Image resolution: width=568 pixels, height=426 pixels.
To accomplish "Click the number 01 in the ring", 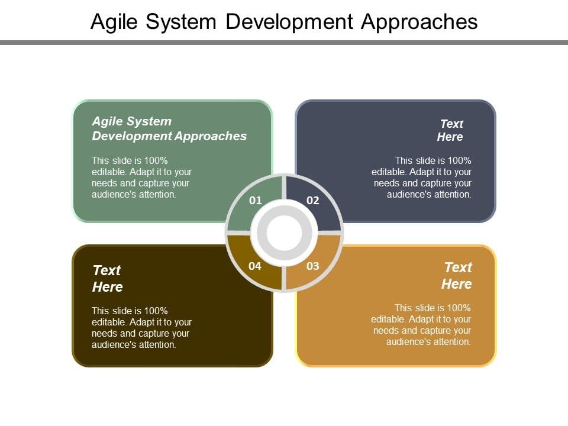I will [255, 201].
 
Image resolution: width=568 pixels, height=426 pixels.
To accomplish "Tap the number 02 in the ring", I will [313, 201].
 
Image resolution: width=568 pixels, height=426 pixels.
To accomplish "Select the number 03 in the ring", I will [313, 266].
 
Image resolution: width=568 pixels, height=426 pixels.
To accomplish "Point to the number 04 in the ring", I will [255, 266].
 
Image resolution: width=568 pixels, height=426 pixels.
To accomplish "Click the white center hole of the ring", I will [284, 233].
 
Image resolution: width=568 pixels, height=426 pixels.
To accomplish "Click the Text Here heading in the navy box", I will [450, 130].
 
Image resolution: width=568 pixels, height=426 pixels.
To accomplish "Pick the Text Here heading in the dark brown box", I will [107, 278].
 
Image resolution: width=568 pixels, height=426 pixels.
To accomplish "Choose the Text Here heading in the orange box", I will [457, 275].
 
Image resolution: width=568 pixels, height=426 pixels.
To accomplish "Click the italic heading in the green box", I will [169, 128].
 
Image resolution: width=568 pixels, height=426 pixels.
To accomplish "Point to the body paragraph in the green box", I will [142, 177].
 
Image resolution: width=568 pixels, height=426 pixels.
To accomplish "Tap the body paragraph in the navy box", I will [421, 177].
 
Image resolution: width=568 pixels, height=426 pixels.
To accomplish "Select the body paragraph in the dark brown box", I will [142, 328].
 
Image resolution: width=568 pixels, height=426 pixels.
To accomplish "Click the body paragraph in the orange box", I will [421, 325].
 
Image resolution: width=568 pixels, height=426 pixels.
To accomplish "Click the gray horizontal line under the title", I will [284, 43].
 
